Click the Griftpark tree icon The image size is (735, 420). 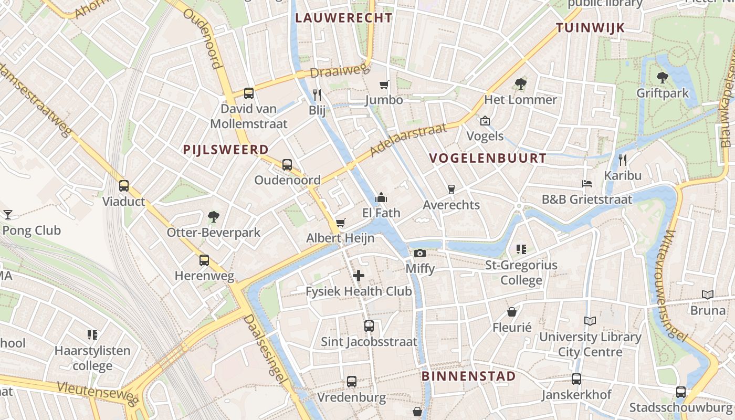[662, 78]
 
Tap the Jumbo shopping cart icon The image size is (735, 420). [384, 85]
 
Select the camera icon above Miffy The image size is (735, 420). [419, 254]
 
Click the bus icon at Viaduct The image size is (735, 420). [124, 186]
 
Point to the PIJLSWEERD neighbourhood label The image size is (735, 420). [226, 150]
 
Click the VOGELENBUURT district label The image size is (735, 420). [488, 158]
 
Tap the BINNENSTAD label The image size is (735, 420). [469, 376]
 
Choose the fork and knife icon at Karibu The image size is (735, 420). [623, 160]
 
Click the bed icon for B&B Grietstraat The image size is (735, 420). [587, 184]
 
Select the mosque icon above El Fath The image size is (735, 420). [381, 197]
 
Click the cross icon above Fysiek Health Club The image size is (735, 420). [359, 275]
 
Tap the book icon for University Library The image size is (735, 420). [590, 321]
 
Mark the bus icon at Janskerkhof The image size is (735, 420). [576, 379]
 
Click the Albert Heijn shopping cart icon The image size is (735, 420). [340, 223]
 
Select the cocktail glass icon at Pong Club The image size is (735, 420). [8, 214]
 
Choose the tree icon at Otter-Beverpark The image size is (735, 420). [213, 216]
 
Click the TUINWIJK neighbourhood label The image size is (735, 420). [591, 28]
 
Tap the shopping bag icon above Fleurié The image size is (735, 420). [512, 312]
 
